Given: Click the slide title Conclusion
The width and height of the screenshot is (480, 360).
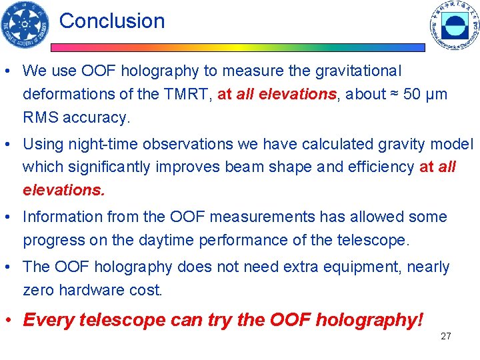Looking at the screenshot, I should (x=111, y=21).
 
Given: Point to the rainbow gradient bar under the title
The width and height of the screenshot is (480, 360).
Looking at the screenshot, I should (x=237, y=48).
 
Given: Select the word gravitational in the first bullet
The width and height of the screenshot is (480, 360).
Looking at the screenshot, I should (x=352, y=71).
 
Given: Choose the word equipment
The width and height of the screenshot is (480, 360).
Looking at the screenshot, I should (x=361, y=267).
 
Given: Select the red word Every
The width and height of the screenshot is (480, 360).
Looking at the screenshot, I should (x=49, y=320).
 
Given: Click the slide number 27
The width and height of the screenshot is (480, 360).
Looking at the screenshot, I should (x=446, y=336).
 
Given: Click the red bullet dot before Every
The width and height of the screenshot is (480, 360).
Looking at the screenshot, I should (x=13, y=320).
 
